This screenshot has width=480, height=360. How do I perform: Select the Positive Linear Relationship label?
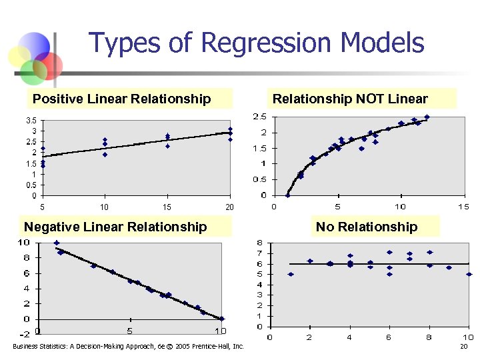pos(121,99)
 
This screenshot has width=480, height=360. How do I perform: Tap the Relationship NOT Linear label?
pos(350,99)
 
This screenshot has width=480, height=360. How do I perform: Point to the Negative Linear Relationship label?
pos(115,227)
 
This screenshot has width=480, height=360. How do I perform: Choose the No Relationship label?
pos(367,227)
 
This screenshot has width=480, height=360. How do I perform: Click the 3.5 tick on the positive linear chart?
pos(31,121)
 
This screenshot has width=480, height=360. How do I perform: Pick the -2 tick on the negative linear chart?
pos(25,335)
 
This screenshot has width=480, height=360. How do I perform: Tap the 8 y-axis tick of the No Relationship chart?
pos(260,243)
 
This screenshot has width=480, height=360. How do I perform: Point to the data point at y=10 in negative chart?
pos(57,243)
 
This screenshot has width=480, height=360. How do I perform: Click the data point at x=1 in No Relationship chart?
pos(290,274)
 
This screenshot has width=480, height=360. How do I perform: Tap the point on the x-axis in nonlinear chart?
pos(287,195)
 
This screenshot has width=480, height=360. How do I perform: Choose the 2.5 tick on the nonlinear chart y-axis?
pos(260,117)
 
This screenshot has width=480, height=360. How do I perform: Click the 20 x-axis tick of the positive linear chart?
pos(230,207)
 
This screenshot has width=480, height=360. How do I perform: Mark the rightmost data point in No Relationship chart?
pos(469,274)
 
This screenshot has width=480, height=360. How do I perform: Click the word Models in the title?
pos(382,43)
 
